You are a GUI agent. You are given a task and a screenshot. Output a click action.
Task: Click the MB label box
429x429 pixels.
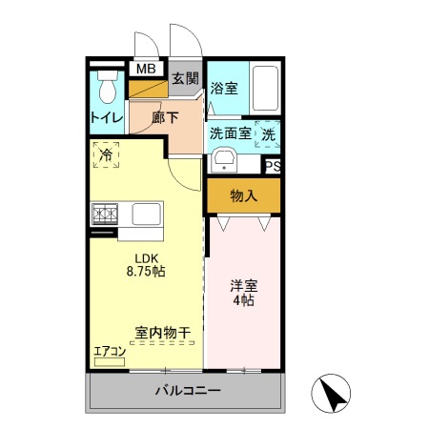click(x=146, y=69)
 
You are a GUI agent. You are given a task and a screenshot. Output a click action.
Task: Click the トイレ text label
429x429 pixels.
click(x=105, y=118)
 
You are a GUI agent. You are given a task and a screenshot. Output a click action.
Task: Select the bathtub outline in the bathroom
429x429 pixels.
click(x=266, y=90)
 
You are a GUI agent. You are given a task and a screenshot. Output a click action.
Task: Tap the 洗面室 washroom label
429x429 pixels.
click(x=230, y=133)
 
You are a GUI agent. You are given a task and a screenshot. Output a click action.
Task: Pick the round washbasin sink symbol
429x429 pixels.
click(x=225, y=159)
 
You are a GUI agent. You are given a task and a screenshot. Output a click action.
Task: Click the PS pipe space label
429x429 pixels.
click(x=273, y=166)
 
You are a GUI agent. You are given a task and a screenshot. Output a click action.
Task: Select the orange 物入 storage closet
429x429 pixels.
click(x=244, y=196)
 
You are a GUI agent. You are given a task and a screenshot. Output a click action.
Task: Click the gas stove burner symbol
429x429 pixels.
click(x=103, y=213)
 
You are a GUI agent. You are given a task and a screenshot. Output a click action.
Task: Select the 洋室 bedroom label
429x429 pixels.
click(x=243, y=285)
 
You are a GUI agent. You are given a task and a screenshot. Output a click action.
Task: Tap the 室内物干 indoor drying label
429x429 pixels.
click(x=162, y=333)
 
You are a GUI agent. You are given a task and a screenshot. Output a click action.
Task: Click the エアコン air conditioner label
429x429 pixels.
click(x=110, y=351)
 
